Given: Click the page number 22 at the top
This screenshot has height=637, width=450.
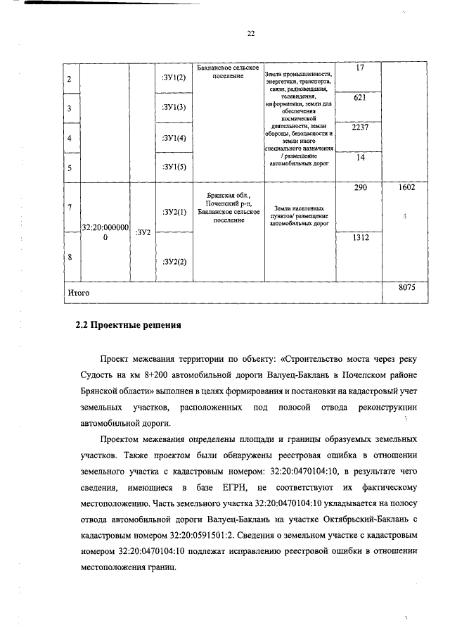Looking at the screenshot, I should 250,33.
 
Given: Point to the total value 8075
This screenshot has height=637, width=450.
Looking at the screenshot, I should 408,287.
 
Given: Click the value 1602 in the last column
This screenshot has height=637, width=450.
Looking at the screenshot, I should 408,189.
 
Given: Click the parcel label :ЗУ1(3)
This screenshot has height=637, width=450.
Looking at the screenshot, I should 172,107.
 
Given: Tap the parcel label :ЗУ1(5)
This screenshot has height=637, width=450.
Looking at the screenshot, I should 172,167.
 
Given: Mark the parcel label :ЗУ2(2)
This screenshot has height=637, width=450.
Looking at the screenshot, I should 172,262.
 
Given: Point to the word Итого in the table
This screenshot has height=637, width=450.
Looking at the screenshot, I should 79,291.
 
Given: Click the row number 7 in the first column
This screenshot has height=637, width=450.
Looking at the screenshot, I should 69,208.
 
